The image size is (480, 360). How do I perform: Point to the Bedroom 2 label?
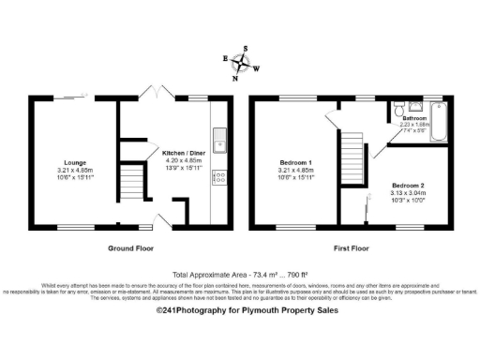click(x=409, y=185)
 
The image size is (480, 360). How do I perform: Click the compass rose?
click(x=243, y=63)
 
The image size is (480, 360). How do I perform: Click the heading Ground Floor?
click(x=127, y=249)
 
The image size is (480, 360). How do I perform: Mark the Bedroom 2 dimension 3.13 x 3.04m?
click(x=409, y=192)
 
